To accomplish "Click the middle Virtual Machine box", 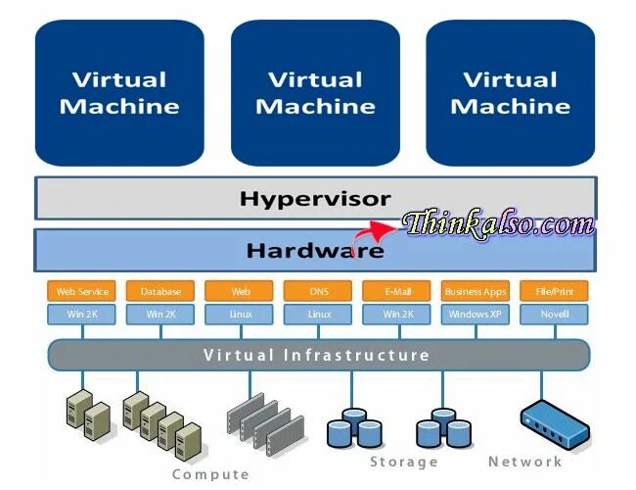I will click(315, 92).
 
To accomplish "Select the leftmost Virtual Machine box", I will click(119, 92).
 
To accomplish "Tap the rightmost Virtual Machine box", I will click(510, 92).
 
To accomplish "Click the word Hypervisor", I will click(314, 199).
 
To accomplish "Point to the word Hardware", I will click(314, 251).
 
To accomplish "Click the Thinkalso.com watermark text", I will click(499, 224).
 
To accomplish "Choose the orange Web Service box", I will click(81, 291).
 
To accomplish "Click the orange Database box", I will click(160, 291).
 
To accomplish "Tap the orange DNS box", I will click(319, 291).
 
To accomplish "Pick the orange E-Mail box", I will click(396, 291).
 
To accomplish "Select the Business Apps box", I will click(476, 291).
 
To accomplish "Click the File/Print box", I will click(555, 291).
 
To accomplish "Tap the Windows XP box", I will click(476, 315).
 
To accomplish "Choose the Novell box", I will click(555, 315).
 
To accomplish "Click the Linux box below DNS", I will click(319, 315).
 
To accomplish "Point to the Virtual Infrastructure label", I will click(316, 355).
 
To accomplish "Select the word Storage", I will click(403, 462).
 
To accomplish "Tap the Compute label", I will click(210, 474).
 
